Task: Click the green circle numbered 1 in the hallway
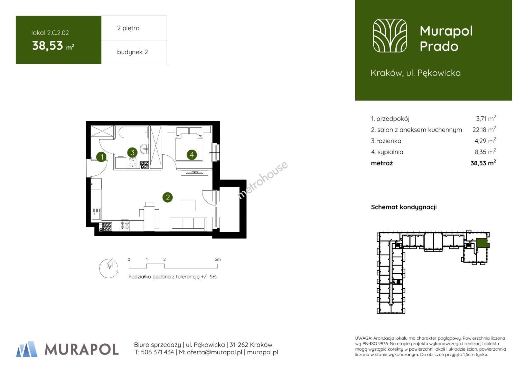pos(102,157)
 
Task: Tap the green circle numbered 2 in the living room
pos(168,197)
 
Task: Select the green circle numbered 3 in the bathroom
pos(132,152)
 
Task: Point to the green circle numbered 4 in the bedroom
pos(192,155)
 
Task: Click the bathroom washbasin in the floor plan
pos(144,148)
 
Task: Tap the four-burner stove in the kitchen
pos(125,225)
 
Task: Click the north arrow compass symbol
pos(109,268)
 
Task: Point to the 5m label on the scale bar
pos(218,259)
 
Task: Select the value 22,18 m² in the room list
pos(484,130)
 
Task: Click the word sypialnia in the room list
pos(390,152)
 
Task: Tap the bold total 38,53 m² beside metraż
pos(483,163)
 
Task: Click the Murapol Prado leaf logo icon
pos(390,36)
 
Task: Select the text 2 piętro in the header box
pos(128,28)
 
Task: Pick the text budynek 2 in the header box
pos(132,52)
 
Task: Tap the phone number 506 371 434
pos(158,352)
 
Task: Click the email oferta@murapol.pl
pos(215,352)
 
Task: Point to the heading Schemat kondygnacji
pos(404,207)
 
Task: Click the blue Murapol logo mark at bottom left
pos(27,349)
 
